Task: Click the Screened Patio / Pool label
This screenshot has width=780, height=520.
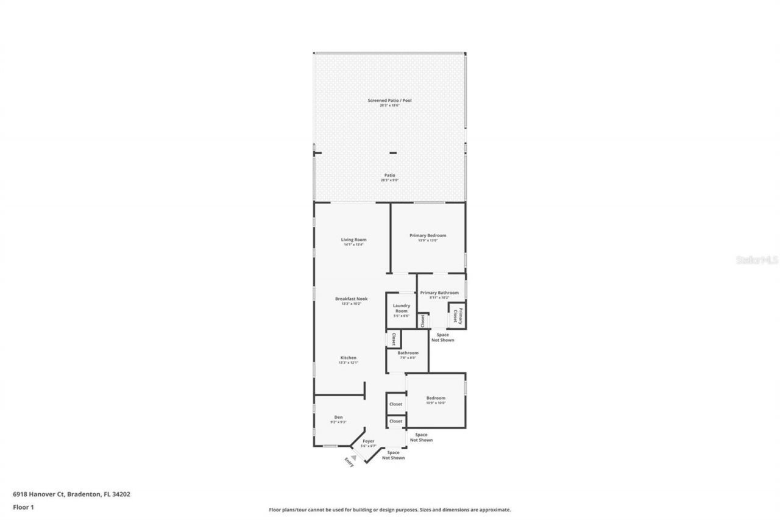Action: pos(389,100)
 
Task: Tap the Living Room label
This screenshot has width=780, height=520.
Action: pos(353,240)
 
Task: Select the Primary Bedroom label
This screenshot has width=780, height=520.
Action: pos(428,235)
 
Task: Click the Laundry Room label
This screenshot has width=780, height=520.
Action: pos(401,308)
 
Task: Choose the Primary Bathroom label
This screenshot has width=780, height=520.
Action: pos(439,293)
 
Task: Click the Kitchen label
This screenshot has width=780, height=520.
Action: pos(349,358)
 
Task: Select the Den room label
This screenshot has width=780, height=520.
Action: pos(338,417)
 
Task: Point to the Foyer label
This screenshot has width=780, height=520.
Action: pos(369,441)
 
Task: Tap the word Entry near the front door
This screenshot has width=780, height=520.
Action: pos(349,461)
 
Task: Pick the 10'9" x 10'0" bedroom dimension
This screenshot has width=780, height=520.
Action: pos(436,403)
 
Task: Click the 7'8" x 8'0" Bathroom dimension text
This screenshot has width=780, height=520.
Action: pos(407,358)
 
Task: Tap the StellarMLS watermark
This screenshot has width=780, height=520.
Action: pos(757,260)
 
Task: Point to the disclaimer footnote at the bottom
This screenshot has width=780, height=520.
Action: pos(390,510)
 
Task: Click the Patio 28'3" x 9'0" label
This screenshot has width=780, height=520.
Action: pos(389,177)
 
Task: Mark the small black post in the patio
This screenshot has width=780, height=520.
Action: pos(393,152)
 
